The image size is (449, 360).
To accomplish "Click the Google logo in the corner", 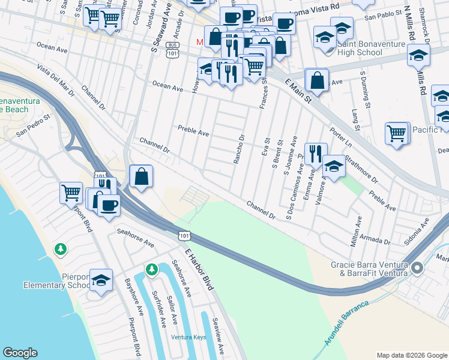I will (x=20, y=353).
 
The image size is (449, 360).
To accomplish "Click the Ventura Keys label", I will (x=188, y=337).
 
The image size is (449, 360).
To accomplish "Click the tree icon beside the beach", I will (x=59, y=248).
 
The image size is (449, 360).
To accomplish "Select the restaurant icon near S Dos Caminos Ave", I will (x=314, y=153).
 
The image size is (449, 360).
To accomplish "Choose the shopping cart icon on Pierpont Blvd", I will (x=71, y=192).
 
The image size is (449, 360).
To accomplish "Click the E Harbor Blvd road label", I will (x=199, y=270).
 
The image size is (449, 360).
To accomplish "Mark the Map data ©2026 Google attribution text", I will (x=411, y=355).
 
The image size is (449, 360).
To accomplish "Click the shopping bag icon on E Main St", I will (x=317, y=80).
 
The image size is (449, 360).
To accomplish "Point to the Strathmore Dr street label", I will (x=363, y=170).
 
